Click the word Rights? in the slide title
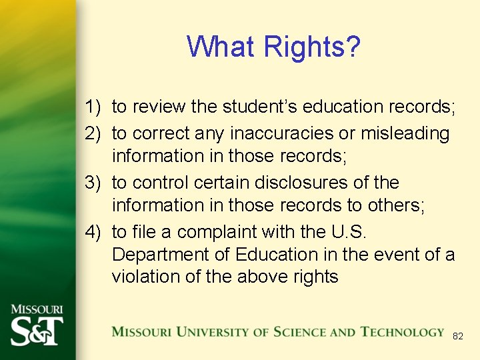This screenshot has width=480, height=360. tap(312, 47)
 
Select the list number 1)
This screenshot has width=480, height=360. tap(93, 107)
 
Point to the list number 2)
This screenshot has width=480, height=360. tap(93, 133)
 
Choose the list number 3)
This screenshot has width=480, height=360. tap(93, 183)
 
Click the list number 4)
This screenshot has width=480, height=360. tap(93, 232)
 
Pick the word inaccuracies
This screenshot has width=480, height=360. tap(282, 133)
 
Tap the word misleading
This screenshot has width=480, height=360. tap(405, 134)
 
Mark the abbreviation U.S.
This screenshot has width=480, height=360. tap(349, 232)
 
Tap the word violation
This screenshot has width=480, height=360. tap(147, 277)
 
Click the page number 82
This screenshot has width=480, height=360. tap(457, 337)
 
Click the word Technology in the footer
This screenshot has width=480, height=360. tap(403, 332)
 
